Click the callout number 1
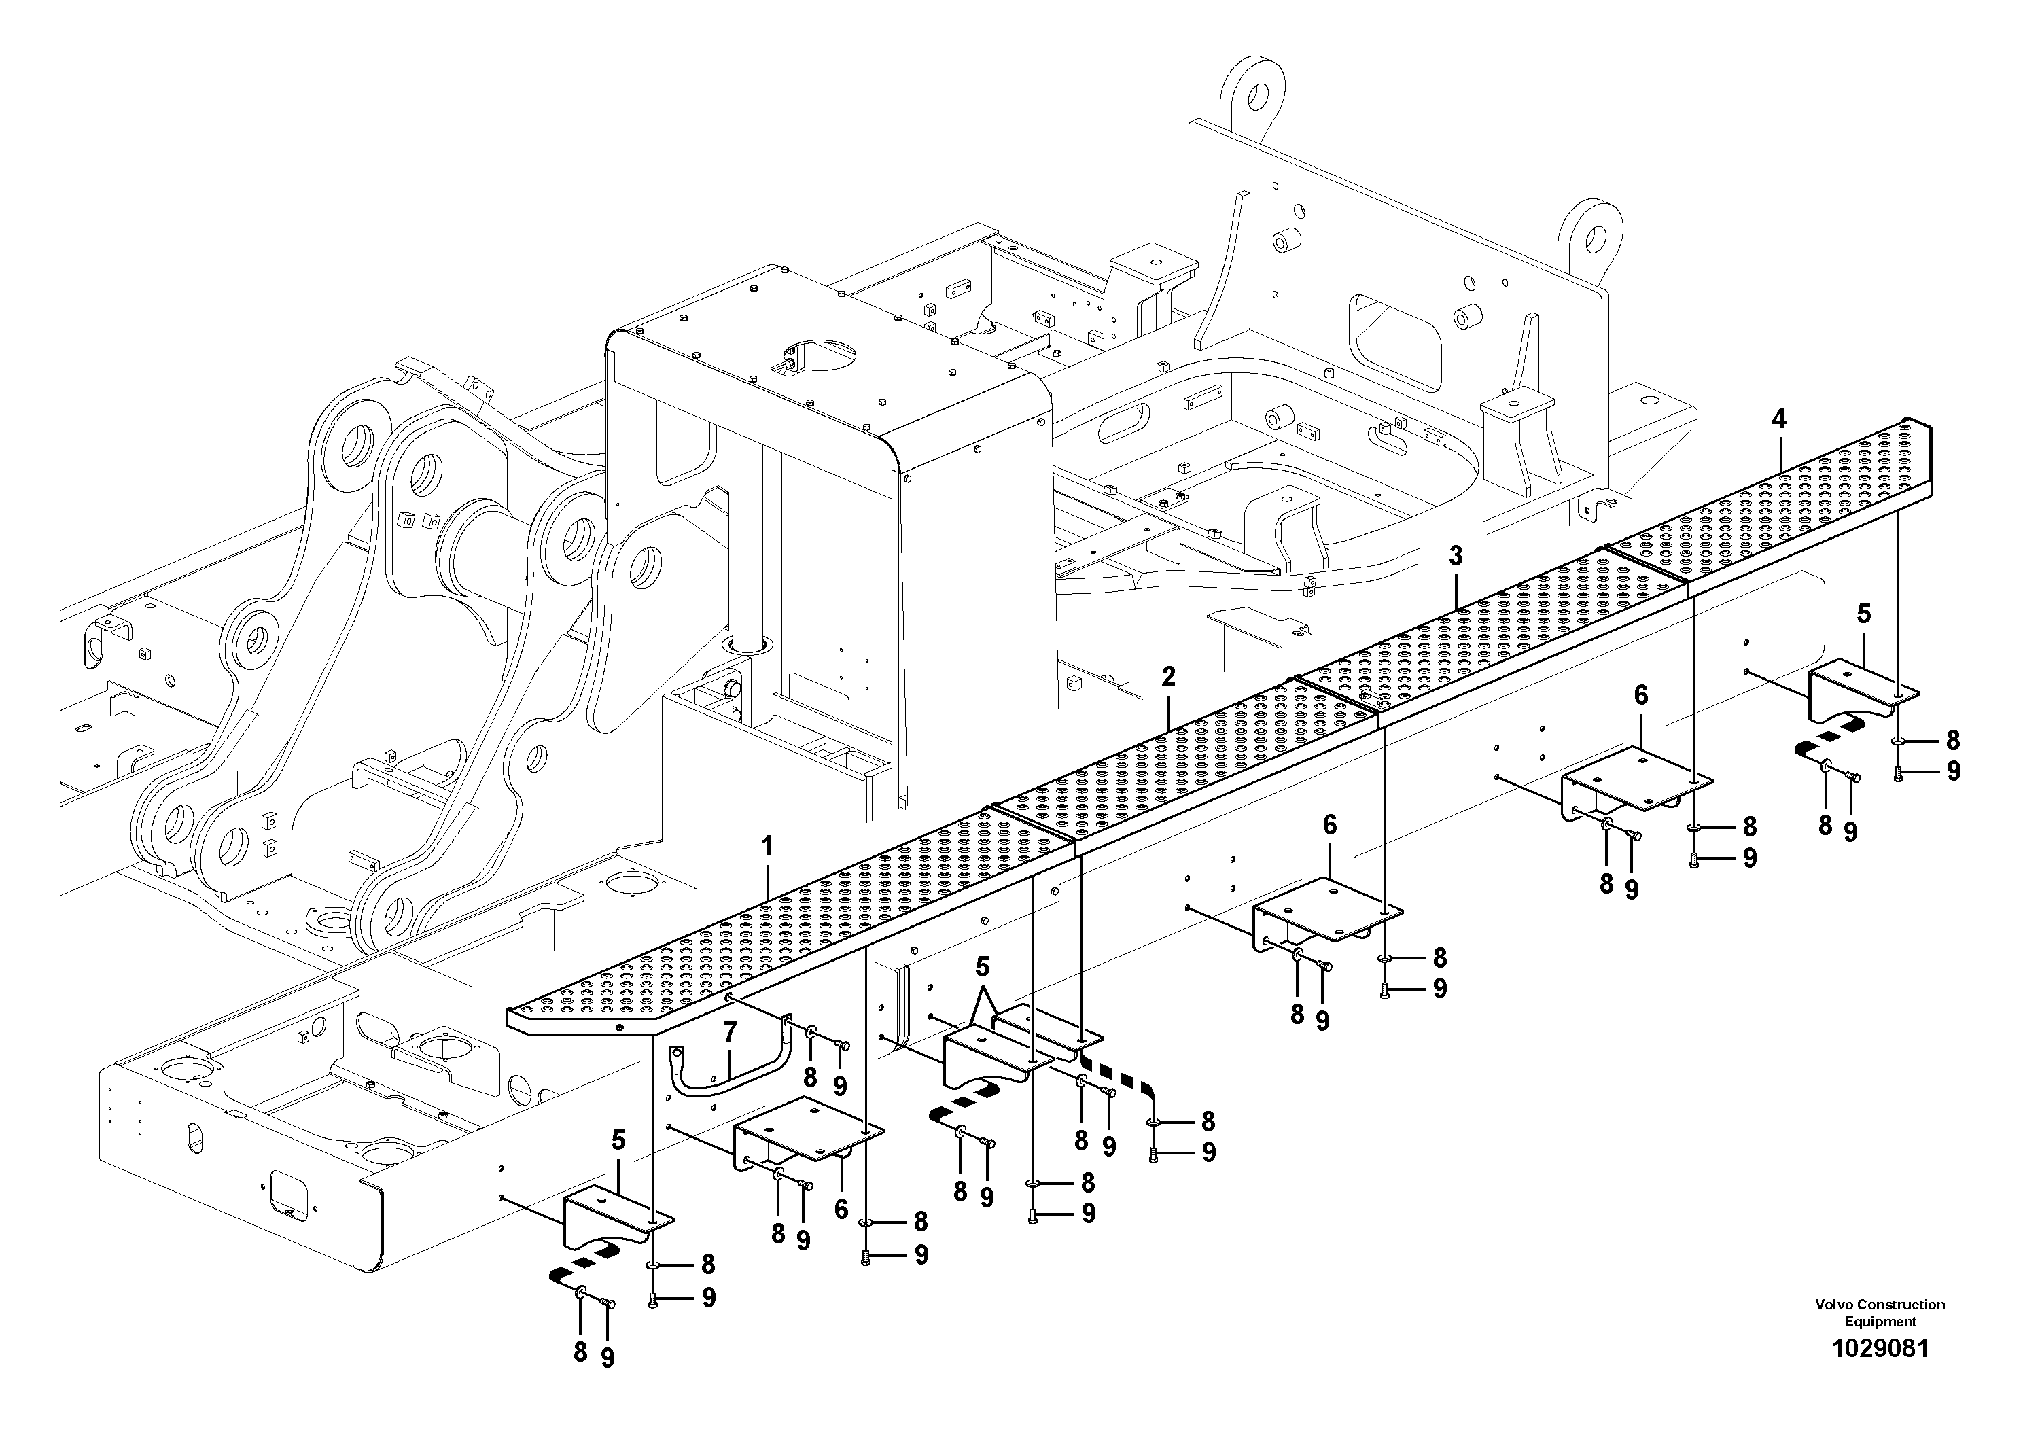[766, 847]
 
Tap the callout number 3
[1455, 556]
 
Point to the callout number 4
[1778, 419]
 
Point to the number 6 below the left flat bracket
[841, 1210]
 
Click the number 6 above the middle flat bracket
[1330, 826]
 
